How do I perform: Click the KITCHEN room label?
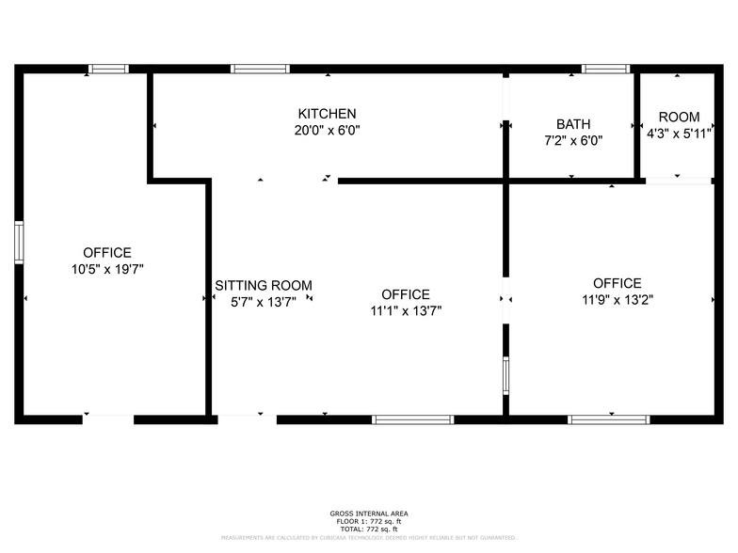coord(327,114)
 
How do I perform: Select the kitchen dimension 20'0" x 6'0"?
coord(327,131)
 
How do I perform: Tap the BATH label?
coord(573,123)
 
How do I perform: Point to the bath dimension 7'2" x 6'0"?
coord(573,140)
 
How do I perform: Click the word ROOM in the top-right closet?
coord(679,117)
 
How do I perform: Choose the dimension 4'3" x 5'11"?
coord(679,134)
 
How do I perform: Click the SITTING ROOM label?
coord(264,285)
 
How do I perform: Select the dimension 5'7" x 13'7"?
coord(264,302)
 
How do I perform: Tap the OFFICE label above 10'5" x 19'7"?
coord(107,252)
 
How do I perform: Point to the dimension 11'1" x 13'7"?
coord(406,310)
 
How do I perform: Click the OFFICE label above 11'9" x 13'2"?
coord(618,283)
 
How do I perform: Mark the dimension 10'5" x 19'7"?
coord(107,269)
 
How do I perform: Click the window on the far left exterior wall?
coord(18,243)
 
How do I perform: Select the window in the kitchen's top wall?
coord(260,69)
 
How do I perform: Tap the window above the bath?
coord(604,69)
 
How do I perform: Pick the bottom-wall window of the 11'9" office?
coord(609,419)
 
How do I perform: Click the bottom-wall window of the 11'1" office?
coord(413,419)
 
